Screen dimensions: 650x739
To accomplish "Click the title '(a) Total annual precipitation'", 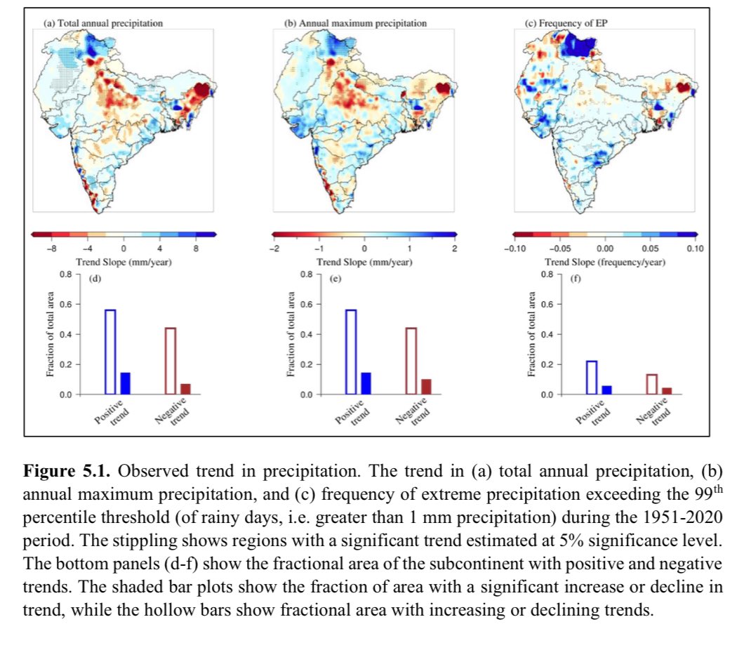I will point(103,23).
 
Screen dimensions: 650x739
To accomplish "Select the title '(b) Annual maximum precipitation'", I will point(355,23).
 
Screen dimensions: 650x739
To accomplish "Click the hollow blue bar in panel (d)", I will point(110,351).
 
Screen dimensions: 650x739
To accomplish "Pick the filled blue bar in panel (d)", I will point(126,383).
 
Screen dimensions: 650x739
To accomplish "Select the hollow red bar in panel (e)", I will point(411,361).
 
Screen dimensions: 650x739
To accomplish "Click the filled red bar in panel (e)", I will point(426,387).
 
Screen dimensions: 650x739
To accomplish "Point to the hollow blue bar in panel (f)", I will point(592,378).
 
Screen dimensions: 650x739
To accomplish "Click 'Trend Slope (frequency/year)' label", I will point(604,262).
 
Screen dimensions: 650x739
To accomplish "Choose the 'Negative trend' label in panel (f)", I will point(655,411).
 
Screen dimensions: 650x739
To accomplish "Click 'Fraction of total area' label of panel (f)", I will point(531,334).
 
